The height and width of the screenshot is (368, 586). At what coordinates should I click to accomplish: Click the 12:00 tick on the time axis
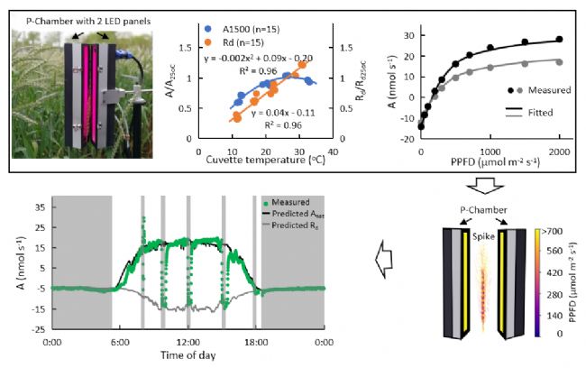pos(188,343)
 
